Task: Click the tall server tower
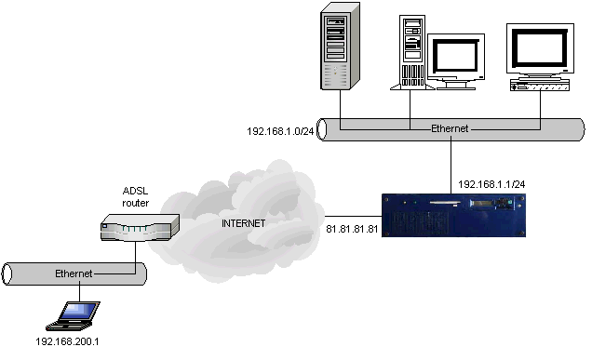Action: click(339, 47)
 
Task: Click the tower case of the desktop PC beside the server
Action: click(411, 51)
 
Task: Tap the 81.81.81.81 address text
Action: click(353, 227)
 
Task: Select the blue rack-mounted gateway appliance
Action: click(452, 213)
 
